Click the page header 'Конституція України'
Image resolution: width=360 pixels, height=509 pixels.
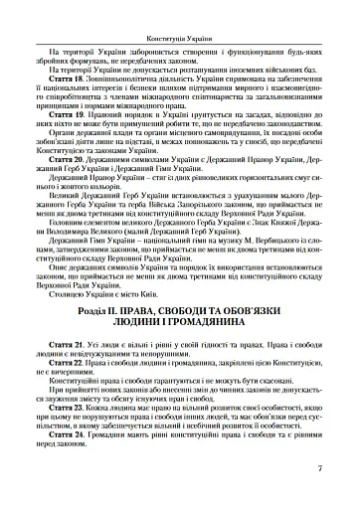coord(179,9)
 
